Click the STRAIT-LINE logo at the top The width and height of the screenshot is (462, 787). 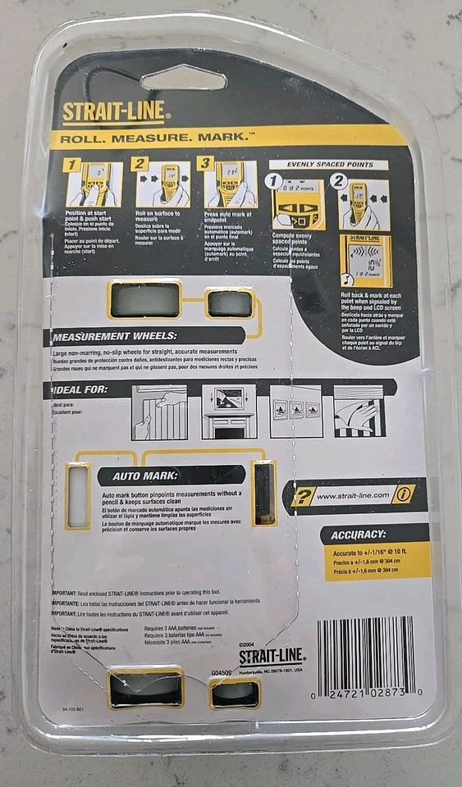click(x=114, y=111)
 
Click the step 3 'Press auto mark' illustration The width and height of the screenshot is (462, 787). click(x=231, y=184)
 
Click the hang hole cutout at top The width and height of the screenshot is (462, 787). click(x=184, y=78)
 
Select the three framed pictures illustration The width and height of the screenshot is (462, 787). click(x=295, y=411)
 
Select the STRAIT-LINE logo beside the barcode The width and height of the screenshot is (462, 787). click(x=271, y=656)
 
